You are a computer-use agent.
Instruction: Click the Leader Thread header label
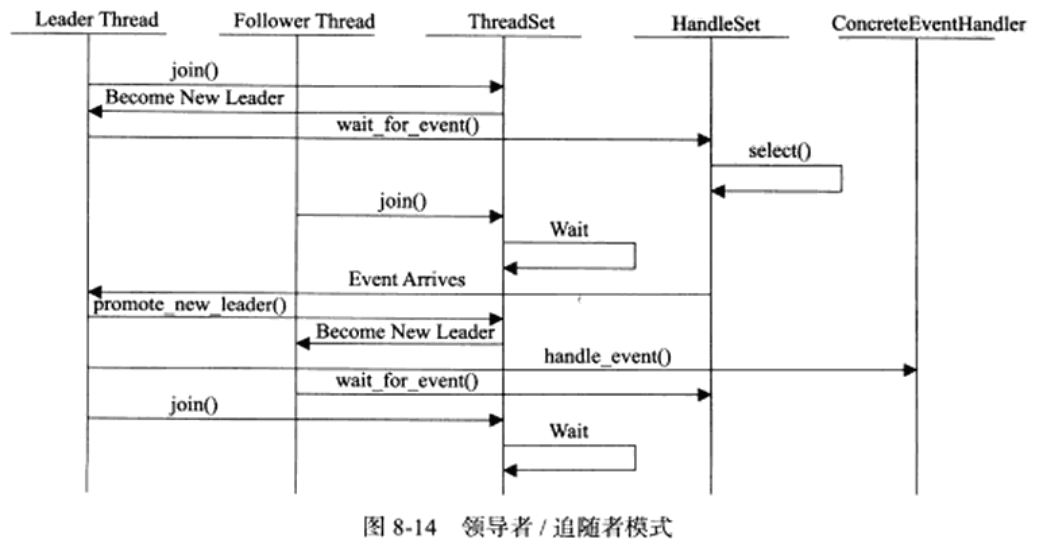[96, 20]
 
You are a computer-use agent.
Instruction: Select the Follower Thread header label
[304, 21]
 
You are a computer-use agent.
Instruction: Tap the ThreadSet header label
[511, 22]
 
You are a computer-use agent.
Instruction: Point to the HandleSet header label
[716, 24]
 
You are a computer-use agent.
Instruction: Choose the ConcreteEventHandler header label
[928, 24]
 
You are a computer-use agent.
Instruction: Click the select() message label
[779, 151]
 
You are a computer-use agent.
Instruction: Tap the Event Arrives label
[407, 279]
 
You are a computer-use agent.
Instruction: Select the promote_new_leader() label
[189, 305]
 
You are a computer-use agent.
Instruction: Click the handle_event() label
[607, 357]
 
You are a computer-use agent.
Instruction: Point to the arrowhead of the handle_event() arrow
[910, 371]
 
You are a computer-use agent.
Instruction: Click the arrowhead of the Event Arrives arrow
[95, 292]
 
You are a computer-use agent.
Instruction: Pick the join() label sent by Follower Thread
[403, 201]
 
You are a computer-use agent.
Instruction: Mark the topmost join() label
[194, 70]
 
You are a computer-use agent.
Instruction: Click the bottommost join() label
[194, 404]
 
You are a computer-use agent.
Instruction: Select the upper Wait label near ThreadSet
[569, 230]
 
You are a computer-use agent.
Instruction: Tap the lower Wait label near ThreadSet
[569, 431]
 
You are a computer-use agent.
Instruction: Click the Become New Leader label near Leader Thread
[194, 97]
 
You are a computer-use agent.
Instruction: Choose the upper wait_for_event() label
[407, 125]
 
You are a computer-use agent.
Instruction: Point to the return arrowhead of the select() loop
[718, 191]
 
